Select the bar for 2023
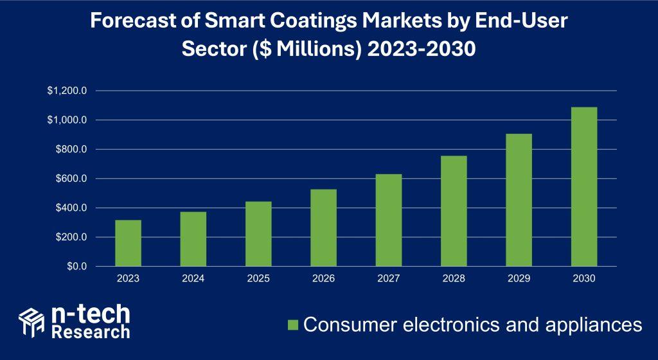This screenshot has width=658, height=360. tap(128, 243)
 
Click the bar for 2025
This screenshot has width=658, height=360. tap(258, 234)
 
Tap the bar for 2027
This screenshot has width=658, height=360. tap(388, 220)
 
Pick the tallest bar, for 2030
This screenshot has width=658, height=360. tap(583, 186)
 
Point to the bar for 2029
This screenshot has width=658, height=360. tap(519, 200)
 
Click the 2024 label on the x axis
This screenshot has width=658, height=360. tap(193, 278)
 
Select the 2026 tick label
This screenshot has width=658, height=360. tap(323, 278)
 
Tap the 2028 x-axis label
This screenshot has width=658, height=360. tap(453, 278)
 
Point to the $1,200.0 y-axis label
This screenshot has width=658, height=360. tap(66, 91)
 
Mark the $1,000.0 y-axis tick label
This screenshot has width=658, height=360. tap(66, 120)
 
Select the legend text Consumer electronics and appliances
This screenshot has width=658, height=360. tap(472, 325)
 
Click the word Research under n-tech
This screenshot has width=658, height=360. tap(90, 332)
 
